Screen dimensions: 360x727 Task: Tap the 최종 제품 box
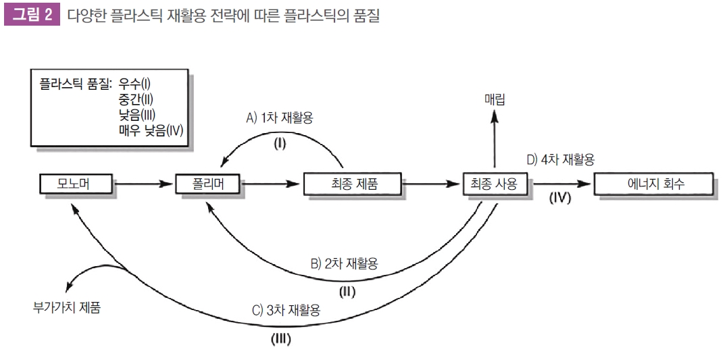click(352, 183)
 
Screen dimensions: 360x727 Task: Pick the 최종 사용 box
click(496, 183)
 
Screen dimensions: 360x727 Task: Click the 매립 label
click(495, 99)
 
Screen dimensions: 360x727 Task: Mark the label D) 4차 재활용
click(560, 159)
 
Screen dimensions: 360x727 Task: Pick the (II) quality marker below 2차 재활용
click(347, 292)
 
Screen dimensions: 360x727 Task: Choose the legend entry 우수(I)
click(134, 84)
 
